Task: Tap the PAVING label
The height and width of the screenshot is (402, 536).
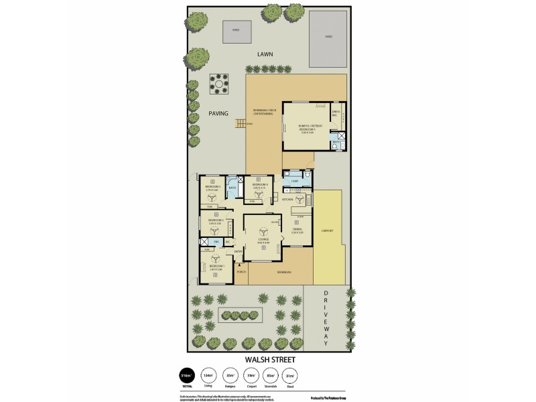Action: click(x=219, y=113)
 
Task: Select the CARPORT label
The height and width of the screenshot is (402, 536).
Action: click(x=328, y=230)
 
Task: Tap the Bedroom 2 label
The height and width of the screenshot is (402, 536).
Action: click(x=215, y=220)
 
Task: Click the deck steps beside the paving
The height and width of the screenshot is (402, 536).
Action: click(x=239, y=123)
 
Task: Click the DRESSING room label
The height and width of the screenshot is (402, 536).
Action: click(x=336, y=113)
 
